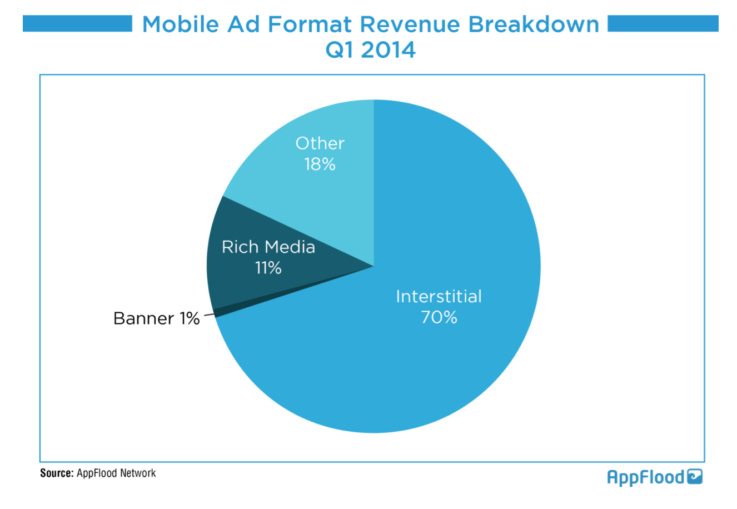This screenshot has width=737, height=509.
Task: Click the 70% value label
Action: pyautogui.click(x=439, y=317)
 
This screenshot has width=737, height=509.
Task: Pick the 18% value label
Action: pyautogui.click(x=320, y=164)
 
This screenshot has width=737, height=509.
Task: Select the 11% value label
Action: pyautogui.click(x=268, y=268)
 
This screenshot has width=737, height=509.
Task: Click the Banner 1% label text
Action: pyautogui.click(x=156, y=318)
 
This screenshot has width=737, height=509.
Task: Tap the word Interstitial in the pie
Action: pyautogui.click(x=439, y=296)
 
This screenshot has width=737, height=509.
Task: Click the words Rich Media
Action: pyautogui.click(x=268, y=247)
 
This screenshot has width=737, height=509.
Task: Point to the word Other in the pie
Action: pyautogui.click(x=320, y=143)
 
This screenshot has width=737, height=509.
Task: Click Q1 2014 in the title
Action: pyautogui.click(x=370, y=50)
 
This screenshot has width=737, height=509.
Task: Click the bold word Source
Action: pyautogui.click(x=56, y=473)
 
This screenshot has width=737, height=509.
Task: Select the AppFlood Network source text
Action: pyautogui.click(x=116, y=473)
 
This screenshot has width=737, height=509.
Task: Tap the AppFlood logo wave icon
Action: pyautogui.click(x=695, y=477)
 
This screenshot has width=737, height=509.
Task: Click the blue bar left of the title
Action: pyautogui.click(x=77, y=24)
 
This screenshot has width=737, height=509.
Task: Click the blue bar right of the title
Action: pyautogui.click(x=663, y=24)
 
